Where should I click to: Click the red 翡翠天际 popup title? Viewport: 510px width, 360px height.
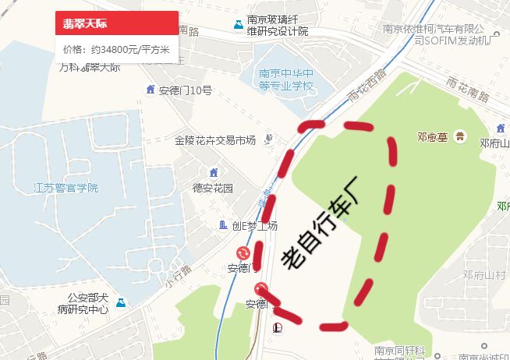(x=86, y=23)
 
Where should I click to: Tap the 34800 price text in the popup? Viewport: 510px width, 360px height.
(x=116, y=49)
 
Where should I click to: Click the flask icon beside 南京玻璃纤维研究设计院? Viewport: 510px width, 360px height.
(x=237, y=25)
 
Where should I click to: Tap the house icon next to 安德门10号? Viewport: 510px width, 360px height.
(x=151, y=90)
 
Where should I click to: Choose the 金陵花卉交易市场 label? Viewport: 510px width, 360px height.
(x=215, y=140)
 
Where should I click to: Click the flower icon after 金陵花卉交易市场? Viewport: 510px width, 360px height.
(x=268, y=139)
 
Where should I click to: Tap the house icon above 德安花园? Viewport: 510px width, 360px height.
(x=214, y=171)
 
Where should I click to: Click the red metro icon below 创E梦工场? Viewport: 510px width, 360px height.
(x=243, y=253)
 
